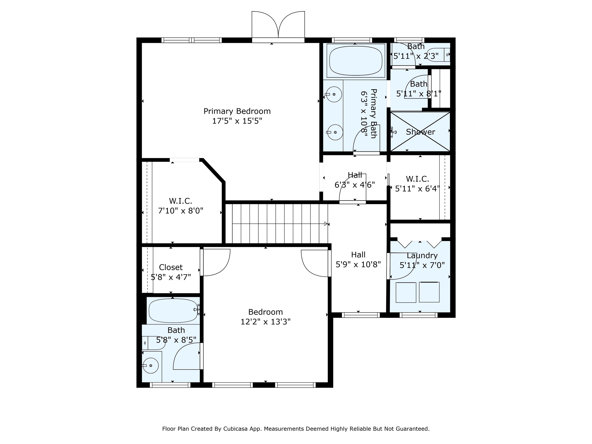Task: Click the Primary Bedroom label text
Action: [237, 111]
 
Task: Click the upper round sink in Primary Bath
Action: [334, 94]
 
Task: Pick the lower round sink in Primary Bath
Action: [335, 132]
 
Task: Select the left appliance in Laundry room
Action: [406, 292]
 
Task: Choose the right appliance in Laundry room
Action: [429, 292]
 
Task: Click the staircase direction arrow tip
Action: [326, 224]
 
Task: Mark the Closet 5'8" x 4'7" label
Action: [171, 272]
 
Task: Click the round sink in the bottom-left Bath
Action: [151, 366]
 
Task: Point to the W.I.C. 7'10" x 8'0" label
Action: [181, 206]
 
